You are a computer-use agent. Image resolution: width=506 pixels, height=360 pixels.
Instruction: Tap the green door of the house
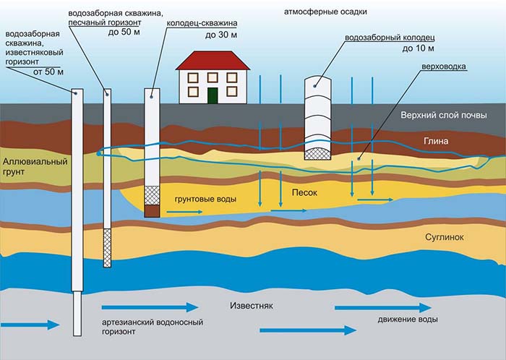(213, 95)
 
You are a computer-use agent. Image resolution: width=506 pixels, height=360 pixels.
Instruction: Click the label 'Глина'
(437, 141)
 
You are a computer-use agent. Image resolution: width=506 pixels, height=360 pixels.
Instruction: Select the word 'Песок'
(304, 193)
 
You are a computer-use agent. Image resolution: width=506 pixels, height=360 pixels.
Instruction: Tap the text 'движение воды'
(408, 320)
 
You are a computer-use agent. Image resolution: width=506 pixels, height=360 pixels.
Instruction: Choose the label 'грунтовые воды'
(205, 198)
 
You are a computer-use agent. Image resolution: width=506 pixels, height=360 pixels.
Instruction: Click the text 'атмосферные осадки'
(316, 12)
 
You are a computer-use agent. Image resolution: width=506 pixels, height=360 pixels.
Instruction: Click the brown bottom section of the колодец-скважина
(152, 211)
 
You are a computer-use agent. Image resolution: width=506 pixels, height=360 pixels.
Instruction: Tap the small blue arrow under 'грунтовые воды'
(181, 213)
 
